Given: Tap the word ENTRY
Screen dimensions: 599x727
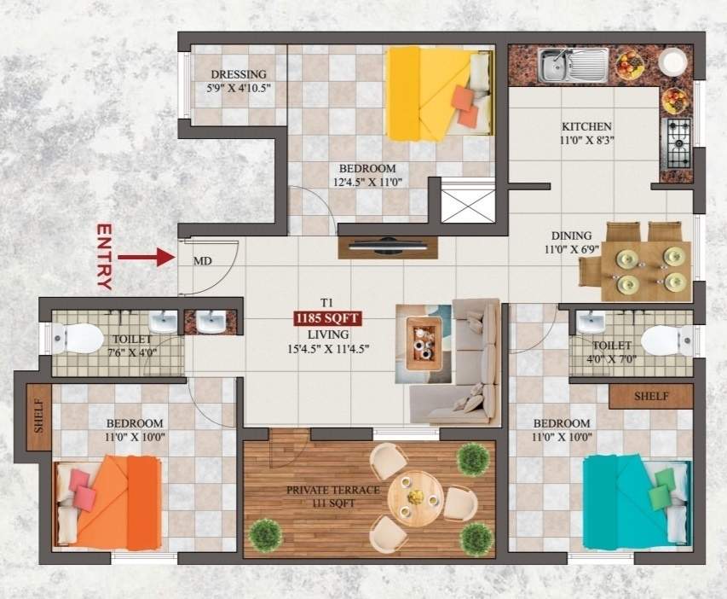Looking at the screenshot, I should coord(104,257).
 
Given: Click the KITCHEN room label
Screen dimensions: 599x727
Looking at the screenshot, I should coord(586,127).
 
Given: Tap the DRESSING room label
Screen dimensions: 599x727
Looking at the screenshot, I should coord(239,74).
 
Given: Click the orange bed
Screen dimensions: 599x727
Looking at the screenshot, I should coord(107,503).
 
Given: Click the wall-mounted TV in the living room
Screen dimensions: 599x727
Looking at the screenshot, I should coord(388,246).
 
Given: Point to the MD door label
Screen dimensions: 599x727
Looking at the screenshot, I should coord(203,261).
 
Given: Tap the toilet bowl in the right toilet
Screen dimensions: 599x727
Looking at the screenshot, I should coord(666,339).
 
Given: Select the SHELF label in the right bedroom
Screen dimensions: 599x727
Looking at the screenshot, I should coord(651,397).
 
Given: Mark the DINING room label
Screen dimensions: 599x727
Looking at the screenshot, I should coord(571,236).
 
